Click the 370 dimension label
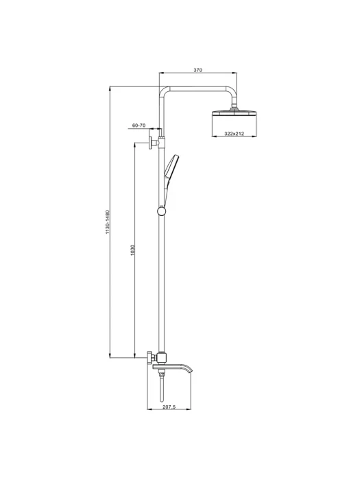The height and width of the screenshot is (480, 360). point(198,70)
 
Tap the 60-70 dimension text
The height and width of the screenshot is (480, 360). point(139,125)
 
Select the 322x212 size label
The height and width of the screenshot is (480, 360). point(235,134)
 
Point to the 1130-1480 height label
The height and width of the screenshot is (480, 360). point(107,222)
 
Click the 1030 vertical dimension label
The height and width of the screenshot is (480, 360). point(132,250)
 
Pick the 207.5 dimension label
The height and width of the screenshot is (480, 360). point(169,407)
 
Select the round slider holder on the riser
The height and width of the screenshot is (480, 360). point(161,211)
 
